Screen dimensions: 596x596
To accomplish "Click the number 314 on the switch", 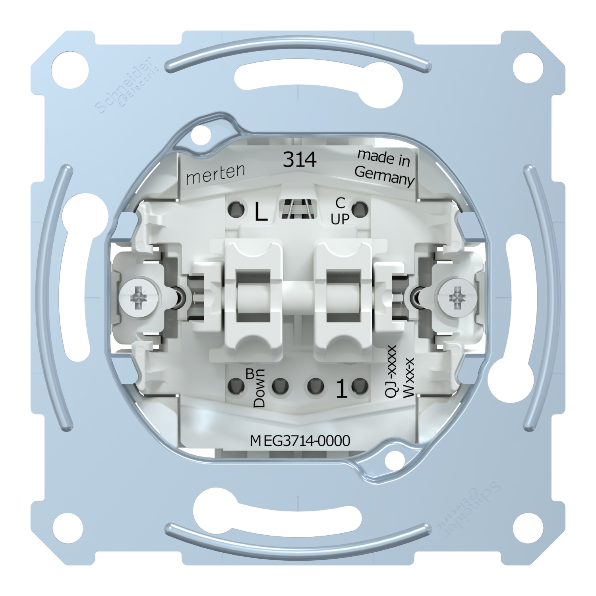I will [299, 160].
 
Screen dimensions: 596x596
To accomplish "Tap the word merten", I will [215, 174].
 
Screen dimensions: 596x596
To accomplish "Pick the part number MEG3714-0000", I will [300, 441].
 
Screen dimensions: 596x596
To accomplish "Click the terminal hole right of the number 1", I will [360, 385].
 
